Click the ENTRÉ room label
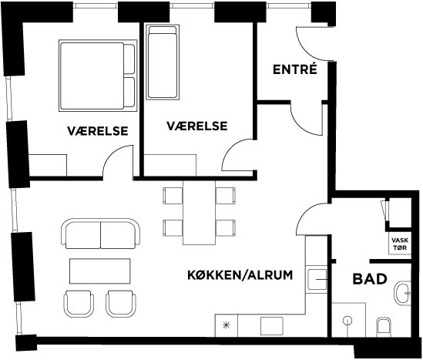(x=295, y=69)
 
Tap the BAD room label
(x=370, y=279)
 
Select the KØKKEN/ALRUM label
(x=240, y=275)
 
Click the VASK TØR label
(x=400, y=244)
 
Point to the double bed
(x=98, y=76)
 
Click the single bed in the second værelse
(x=162, y=62)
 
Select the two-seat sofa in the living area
(x=101, y=234)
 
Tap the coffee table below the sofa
(x=100, y=271)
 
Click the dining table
(x=199, y=213)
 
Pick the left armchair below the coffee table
(x=79, y=304)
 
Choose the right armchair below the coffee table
(x=121, y=304)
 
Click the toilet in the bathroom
(x=384, y=327)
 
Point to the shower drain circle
(x=347, y=321)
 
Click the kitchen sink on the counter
(x=317, y=280)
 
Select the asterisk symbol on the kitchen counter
(x=226, y=325)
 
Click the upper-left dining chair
(x=173, y=196)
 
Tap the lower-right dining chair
(x=226, y=228)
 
